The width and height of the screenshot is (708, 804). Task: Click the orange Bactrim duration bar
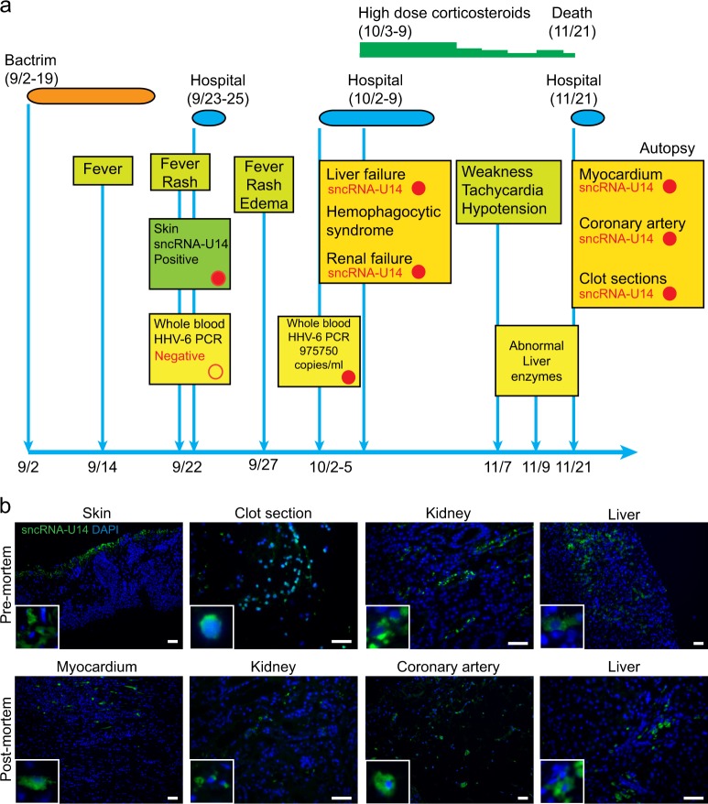coord(91,94)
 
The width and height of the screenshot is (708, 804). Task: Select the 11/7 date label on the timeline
coord(497,467)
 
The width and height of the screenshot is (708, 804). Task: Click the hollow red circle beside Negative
coord(215,371)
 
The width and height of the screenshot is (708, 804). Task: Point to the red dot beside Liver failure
coord(418,189)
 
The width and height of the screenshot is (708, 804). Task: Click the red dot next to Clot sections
coord(669,293)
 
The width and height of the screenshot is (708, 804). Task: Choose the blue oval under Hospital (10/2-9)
coord(376,117)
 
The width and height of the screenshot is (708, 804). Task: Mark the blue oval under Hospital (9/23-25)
coord(209,117)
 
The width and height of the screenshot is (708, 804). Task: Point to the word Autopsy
coord(665,147)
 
